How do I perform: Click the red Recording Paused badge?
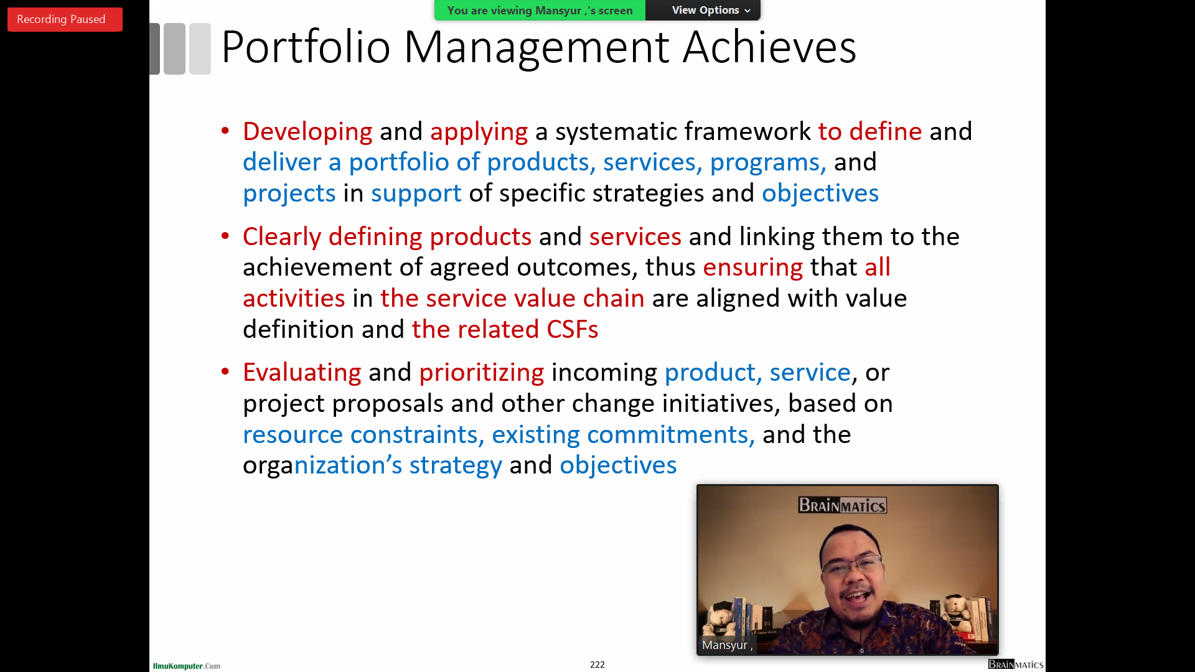point(65,19)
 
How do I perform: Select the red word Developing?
point(307,132)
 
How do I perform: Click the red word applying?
point(479,132)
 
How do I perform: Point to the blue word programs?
point(768,162)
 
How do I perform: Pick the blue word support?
point(416,194)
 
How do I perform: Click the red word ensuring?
point(753,268)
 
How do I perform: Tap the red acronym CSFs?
point(573,329)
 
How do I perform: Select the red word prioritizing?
point(482,373)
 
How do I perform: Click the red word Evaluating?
point(302,373)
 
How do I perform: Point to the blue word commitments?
point(671,434)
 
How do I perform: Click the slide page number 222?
point(597,665)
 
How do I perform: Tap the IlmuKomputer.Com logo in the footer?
point(187,666)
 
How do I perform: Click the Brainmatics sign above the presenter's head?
point(843,505)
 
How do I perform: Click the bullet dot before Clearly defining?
point(225,236)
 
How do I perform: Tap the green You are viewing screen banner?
point(540,10)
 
